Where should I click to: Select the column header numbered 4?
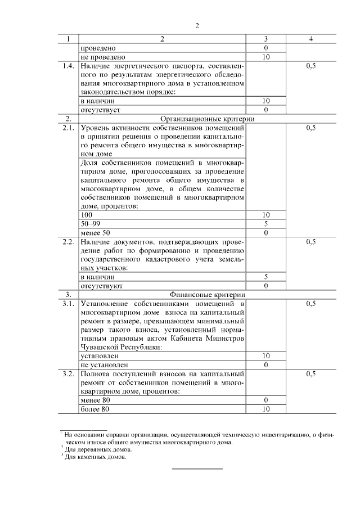311,39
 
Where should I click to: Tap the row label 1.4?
68,66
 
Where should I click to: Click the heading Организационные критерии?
208,119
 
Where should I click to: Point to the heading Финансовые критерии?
208,294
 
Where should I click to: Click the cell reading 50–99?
89,223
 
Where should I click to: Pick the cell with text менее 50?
95,232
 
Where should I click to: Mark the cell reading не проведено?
102,57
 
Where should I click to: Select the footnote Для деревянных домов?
98,449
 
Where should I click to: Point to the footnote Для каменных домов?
96,457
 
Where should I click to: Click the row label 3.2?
68,373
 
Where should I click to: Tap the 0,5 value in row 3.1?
311,303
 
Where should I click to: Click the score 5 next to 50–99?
265,223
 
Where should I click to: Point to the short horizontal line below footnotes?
197,469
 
